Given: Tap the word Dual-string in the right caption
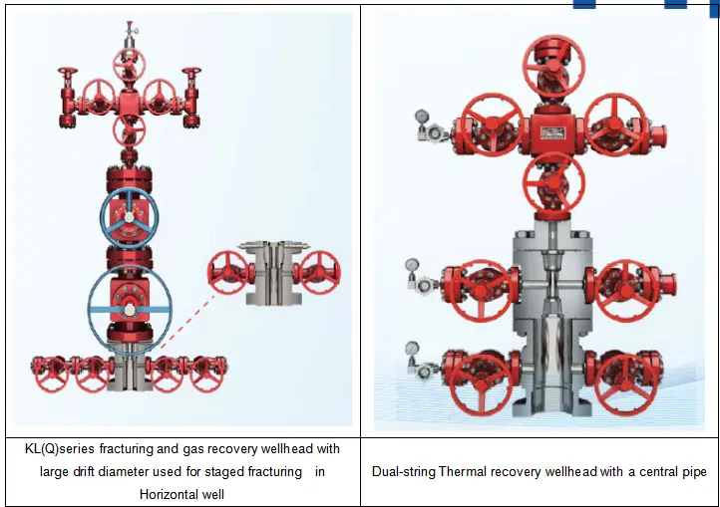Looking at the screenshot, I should click(x=404, y=471).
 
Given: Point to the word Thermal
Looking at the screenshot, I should click(x=466, y=471).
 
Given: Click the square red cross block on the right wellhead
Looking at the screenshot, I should click(x=552, y=131).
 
